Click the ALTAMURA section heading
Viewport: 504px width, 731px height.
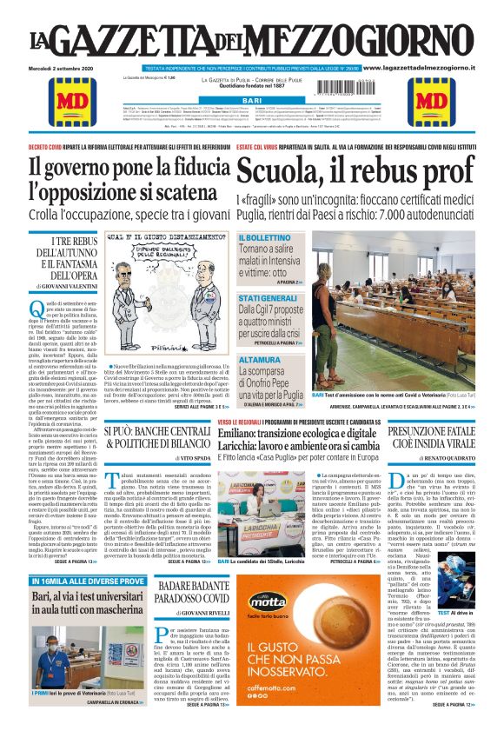259,358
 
